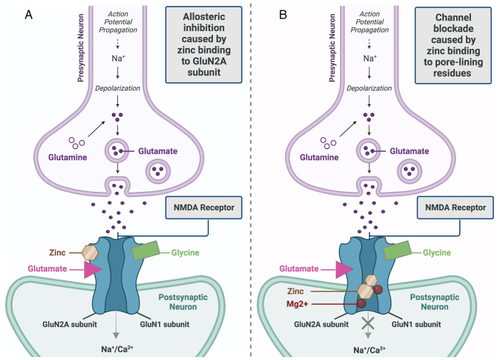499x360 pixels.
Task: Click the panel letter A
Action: coord(29,15)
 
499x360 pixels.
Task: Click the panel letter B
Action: coord(283,15)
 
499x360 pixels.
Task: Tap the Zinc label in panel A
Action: coord(57,252)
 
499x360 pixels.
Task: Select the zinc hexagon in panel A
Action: coord(90,252)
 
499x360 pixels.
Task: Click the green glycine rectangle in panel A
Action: coord(146,250)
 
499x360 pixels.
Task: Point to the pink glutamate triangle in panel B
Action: coord(344,269)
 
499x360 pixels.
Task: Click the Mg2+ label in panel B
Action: coord(297,304)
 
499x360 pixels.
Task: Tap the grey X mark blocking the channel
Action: coord(369,324)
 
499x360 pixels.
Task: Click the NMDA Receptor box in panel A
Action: coord(203,207)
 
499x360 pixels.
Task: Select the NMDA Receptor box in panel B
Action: coord(456,207)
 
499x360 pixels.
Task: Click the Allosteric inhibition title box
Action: coord(203,44)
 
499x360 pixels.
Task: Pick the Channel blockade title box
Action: coord(453,45)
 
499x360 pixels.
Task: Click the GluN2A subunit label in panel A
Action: coord(70,325)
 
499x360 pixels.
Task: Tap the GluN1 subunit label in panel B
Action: coord(416,325)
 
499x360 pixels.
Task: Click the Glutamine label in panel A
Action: coord(68,157)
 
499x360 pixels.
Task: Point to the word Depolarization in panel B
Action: coord(369,89)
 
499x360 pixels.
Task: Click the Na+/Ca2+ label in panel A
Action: coord(117,349)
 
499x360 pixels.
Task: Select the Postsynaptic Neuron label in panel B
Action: coord(434,302)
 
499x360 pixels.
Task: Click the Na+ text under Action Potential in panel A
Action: coord(118,58)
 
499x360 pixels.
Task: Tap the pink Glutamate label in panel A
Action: coord(47,269)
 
